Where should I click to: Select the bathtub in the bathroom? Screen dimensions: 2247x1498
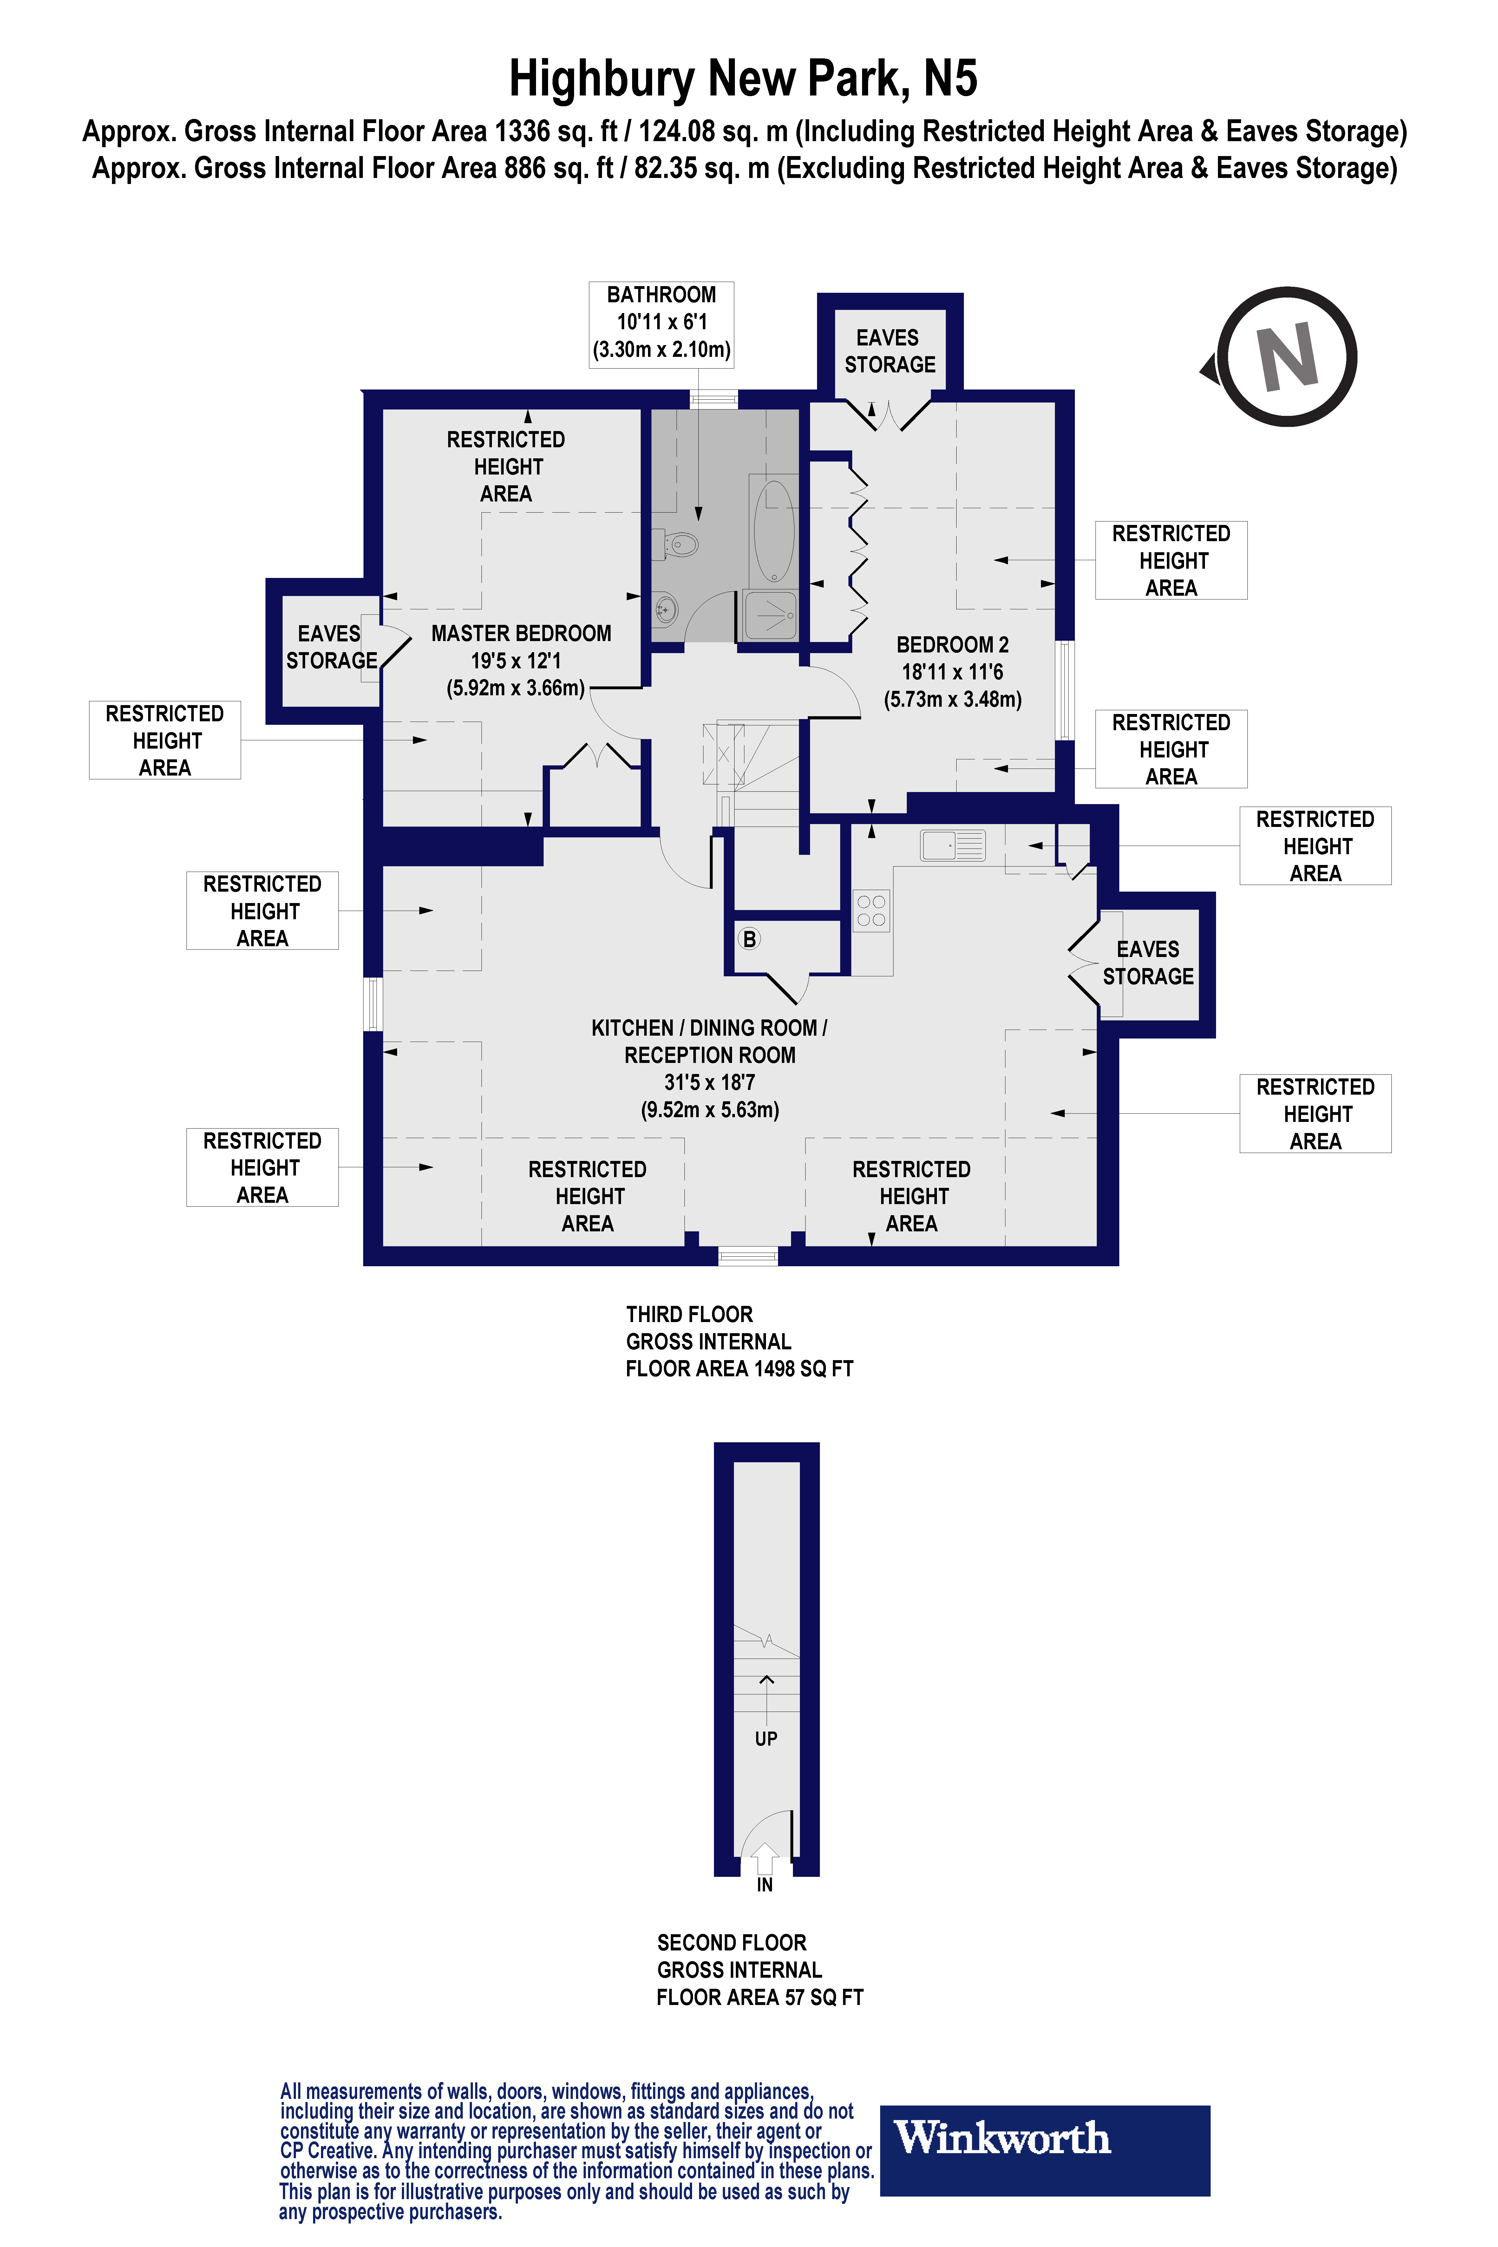point(774,530)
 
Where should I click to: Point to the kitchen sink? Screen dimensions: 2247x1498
point(952,846)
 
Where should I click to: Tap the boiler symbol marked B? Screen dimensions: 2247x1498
point(750,939)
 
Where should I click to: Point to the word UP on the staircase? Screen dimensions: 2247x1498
point(765,1739)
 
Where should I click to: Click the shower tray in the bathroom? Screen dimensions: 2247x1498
point(769,616)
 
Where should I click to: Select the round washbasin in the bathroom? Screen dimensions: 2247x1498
point(666,608)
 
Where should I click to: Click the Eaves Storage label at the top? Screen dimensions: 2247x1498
point(889,351)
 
